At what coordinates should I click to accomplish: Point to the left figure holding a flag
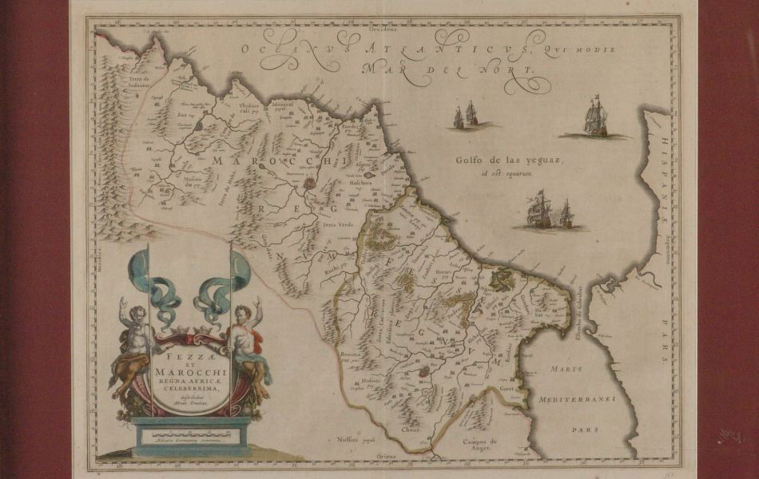click(x=133, y=343)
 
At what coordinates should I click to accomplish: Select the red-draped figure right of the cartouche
click(x=248, y=343)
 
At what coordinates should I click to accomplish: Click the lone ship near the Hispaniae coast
click(x=595, y=117)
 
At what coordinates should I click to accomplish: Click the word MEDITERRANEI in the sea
click(x=575, y=398)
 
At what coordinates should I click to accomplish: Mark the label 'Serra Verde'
click(x=336, y=225)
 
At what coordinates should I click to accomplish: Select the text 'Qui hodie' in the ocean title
click(x=587, y=49)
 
